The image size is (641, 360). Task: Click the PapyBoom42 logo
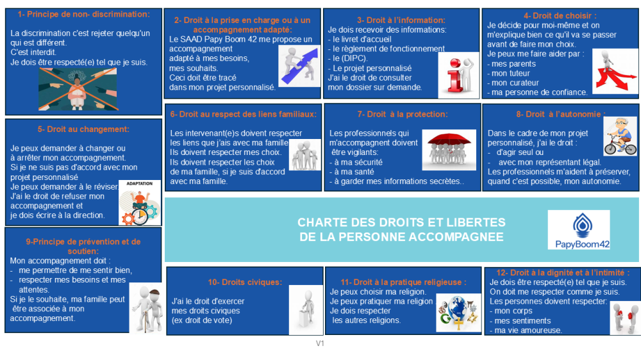pos(579,230)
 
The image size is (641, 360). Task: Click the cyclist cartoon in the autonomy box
pos(620,135)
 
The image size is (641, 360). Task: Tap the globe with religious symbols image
pos(459,311)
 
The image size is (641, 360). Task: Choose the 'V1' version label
pos(320,344)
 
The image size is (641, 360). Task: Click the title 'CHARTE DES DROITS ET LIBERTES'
pos(401,222)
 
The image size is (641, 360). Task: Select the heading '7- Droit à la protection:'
pos(403,114)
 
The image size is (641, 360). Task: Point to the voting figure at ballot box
pos(305,311)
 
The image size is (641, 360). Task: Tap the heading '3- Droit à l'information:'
pos(401,20)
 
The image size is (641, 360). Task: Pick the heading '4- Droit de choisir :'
pos(560,15)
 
